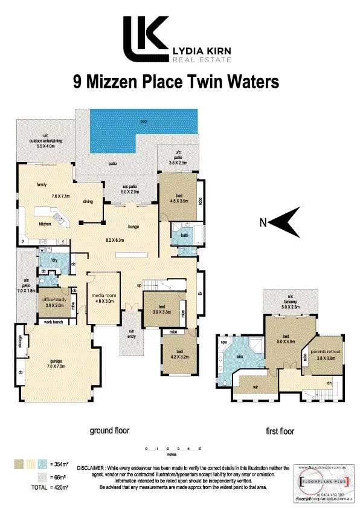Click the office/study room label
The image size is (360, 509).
point(53,303)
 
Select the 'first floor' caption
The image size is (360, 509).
point(280,432)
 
